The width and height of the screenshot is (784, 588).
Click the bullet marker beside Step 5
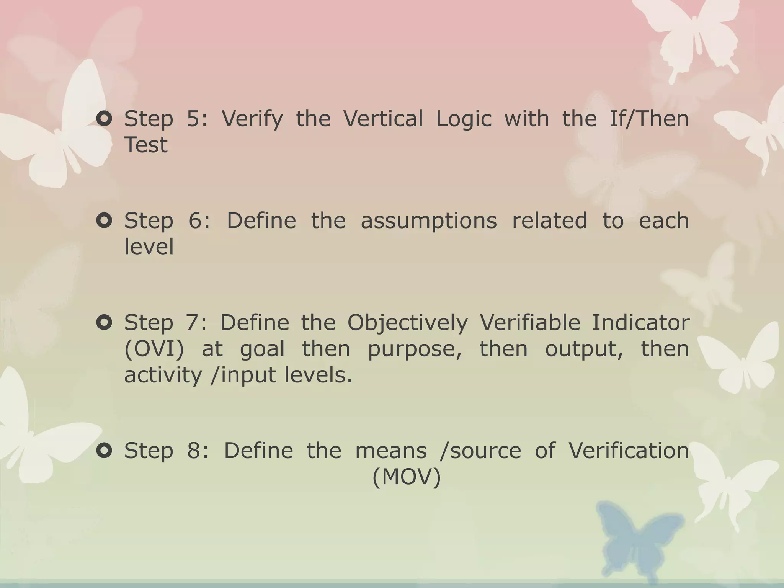[104, 119]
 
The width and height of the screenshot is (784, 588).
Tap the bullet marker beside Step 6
[104, 221]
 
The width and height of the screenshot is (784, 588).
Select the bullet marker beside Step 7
[104, 323]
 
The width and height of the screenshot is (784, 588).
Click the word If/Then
[648, 119]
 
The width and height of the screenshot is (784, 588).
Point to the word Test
[146, 145]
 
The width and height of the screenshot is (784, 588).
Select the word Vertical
[383, 119]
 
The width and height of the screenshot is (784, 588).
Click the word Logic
[464, 119]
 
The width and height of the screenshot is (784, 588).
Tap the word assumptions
[429, 222]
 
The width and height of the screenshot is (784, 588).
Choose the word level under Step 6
[149, 247]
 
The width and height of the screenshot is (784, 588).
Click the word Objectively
[407, 323]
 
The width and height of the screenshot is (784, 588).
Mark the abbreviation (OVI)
[154, 350]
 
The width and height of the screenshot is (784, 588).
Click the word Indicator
[640, 323]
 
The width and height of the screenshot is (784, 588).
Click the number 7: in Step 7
[196, 323]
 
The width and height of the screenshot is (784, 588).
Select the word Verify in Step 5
[252, 119]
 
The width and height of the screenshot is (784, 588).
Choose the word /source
[480, 451]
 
